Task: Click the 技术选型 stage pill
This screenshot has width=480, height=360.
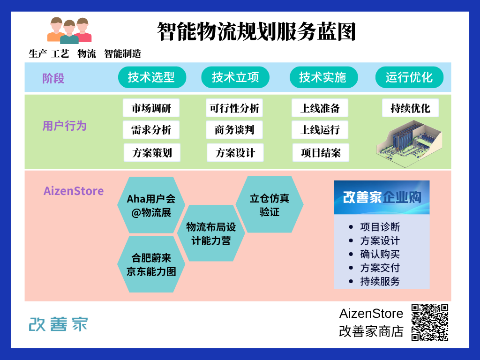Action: pyautogui.click(x=151, y=77)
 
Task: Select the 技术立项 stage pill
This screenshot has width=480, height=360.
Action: pyautogui.click(x=235, y=77)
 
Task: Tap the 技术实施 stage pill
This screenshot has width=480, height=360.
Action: pyautogui.click(x=322, y=77)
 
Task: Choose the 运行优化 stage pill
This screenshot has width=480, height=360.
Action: pyautogui.click(x=409, y=77)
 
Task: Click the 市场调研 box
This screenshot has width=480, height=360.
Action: pyautogui.click(x=151, y=108)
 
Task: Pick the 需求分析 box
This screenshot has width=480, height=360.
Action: pyautogui.click(x=151, y=130)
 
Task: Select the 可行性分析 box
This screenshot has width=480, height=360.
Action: pyautogui.click(x=234, y=108)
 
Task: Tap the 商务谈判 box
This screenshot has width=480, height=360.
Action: pyautogui.click(x=234, y=130)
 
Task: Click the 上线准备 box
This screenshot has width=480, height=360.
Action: pyautogui.click(x=320, y=108)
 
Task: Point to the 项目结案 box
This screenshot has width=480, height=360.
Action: pyautogui.click(x=321, y=153)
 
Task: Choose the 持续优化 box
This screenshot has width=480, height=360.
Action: pyautogui.click(x=410, y=108)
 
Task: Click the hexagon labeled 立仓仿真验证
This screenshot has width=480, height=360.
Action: pyautogui.click(x=270, y=205)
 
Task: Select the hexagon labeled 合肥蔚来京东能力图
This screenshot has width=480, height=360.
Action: pyautogui.click(x=150, y=264)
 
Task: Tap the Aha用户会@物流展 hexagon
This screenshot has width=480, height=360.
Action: pyautogui.click(x=151, y=205)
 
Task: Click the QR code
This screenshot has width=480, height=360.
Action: pyautogui.click(x=430, y=322)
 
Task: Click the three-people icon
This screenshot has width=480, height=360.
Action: pyautogui.click(x=69, y=31)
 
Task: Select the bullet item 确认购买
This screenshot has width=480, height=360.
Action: pyautogui.click(x=380, y=255)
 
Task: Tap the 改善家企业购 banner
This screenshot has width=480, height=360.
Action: pyautogui.click(x=382, y=197)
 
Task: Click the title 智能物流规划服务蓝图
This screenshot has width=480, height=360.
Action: pyautogui.click(x=256, y=32)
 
